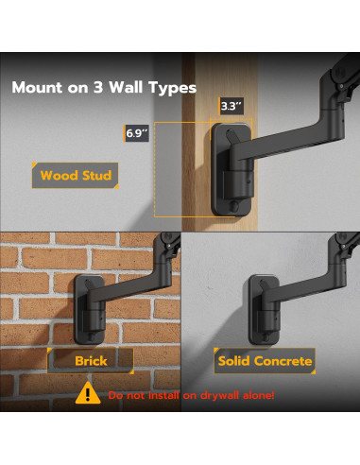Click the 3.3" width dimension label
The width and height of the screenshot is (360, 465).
tap(230, 107)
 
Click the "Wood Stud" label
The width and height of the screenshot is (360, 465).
tap(76, 176)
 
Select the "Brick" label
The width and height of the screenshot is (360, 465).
tap(91, 360)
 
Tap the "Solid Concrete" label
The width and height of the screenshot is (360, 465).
tap(265, 360)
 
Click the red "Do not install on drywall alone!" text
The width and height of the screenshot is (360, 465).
tap(191, 394)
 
